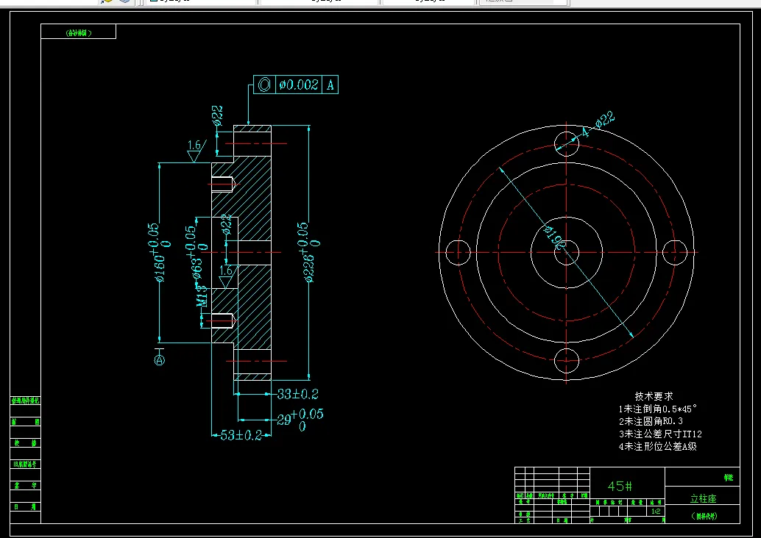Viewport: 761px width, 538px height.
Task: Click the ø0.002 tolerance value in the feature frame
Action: pyautogui.click(x=298, y=85)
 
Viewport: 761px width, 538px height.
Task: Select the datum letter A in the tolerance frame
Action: pyautogui.click(x=330, y=85)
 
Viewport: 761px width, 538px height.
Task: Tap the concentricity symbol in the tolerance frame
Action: pyautogui.click(x=264, y=85)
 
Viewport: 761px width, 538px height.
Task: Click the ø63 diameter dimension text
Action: pyautogui.click(x=197, y=254)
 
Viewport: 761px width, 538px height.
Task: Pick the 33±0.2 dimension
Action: pyautogui.click(x=298, y=394)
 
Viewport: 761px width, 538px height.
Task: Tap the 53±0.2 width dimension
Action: pyautogui.click(x=241, y=435)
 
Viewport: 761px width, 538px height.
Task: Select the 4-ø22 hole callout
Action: pyautogui.click(x=597, y=125)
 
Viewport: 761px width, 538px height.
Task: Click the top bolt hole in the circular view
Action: pyautogui.click(x=567, y=141)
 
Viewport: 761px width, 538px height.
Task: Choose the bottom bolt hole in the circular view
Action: pyautogui.click(x=567, y=361)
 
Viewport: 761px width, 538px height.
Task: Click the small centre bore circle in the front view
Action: pyautogui.click(x=567, y=252)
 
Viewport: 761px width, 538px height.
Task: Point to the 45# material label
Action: pyautogui.click(x=620, y=486)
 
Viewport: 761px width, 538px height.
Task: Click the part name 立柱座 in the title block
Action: pyautogui.click(x=703, y=498)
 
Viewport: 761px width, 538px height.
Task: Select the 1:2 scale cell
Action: pyautogui.click(x=655, y=511)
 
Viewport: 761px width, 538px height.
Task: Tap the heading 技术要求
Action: pyautogui.click(x=654, y=396)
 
